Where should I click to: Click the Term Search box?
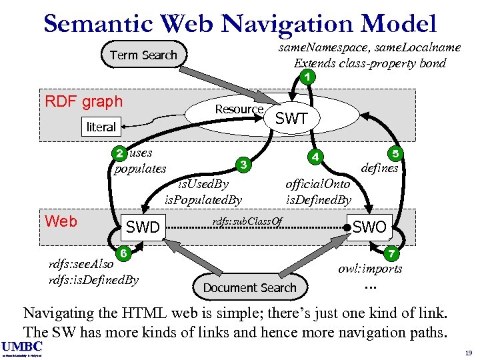point(143,55)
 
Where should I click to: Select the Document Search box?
point(249,287)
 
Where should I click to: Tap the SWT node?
point(291,119)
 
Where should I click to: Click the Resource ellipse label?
point(239,109)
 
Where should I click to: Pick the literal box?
point(101,127)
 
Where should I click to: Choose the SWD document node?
point(143,227)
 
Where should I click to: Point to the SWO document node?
point(369,227)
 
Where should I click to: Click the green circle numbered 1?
point(306,77)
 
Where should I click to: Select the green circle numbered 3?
point(244,165)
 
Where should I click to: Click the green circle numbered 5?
point(395,154)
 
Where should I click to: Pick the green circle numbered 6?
point(123,253)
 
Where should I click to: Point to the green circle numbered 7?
point(393,253)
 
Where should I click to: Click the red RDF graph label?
point(83,101)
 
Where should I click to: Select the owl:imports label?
point(370,269)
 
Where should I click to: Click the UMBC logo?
point(22,346)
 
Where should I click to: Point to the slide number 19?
point(467,352)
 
